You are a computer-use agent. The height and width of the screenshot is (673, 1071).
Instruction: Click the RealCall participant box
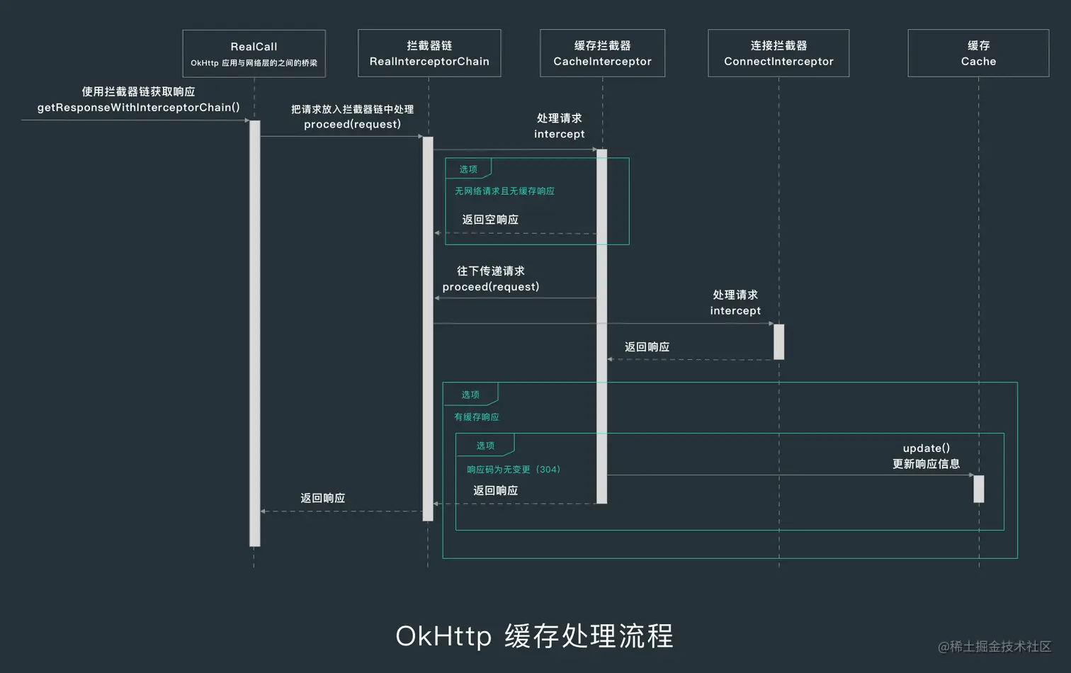[x=254, y=54]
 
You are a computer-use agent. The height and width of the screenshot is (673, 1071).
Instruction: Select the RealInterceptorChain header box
[x=429, y=53]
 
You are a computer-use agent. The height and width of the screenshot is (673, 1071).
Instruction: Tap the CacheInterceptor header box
[x=602, y=53]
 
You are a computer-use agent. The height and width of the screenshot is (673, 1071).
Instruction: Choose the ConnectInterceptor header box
[x=778, y=53]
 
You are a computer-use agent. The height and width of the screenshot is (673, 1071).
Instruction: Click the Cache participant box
[x=978, y=53]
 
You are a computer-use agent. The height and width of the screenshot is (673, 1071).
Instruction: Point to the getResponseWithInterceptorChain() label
[x=138, y=108]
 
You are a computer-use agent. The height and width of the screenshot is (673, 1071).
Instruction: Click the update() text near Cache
[x=926, y=448]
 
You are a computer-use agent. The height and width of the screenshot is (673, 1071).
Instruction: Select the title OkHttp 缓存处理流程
[x=534, y=635]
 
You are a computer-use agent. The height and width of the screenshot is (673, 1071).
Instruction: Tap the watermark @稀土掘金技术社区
[x=994, y=646]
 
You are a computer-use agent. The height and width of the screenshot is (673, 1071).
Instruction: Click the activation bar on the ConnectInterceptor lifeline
[x=778, y=341]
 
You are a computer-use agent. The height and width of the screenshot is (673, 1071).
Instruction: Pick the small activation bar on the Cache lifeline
[x=978, y=489]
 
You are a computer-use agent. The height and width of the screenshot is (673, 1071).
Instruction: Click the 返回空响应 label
[x=490, y=220]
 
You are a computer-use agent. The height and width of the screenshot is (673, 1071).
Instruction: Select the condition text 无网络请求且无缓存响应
[x=504, y=191]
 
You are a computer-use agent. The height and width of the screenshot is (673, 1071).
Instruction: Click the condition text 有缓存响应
[x=476, y=417]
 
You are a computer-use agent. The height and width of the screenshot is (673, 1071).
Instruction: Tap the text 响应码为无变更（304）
[x=513, y=470]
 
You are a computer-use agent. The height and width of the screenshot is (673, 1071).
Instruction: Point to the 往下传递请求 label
[x=490, y=271]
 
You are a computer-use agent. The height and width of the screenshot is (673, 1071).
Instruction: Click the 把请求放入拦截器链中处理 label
[x=352, y=109]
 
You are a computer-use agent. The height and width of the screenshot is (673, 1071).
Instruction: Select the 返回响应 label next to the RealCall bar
[x=322, y=498]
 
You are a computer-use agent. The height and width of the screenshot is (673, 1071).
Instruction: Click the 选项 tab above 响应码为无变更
[x=485, y=446]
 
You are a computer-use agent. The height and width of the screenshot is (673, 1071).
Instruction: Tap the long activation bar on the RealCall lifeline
[x=254, y=333]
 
